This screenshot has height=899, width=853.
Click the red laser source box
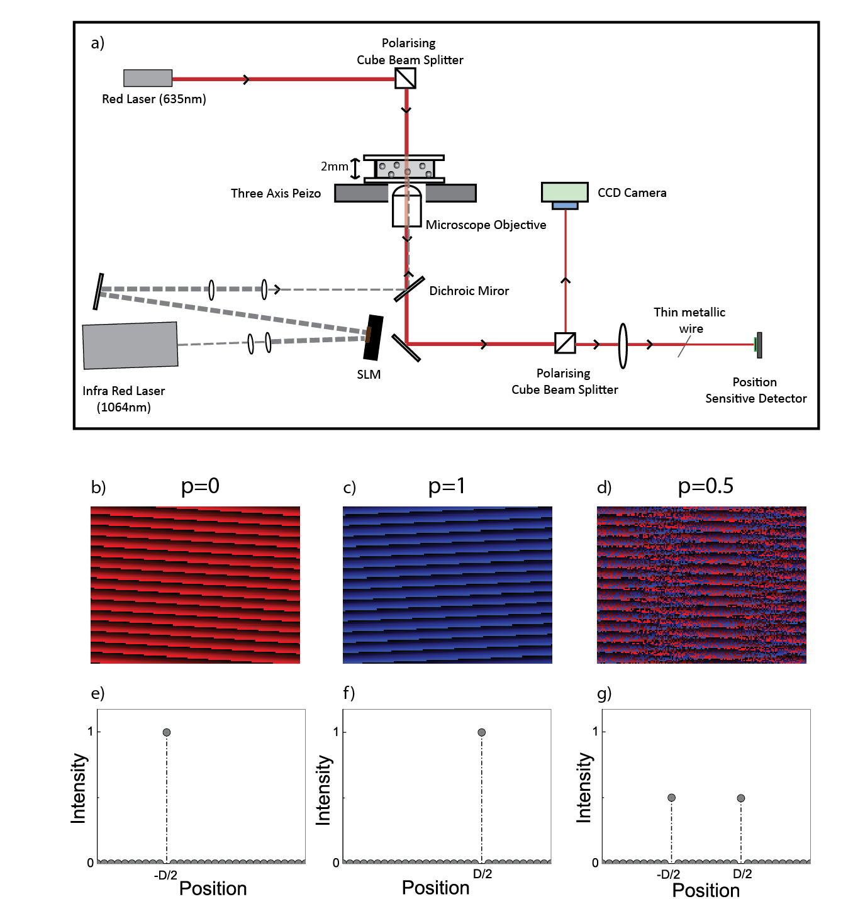(x=148, y=78)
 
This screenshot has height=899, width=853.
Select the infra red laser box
(x=130, y=345)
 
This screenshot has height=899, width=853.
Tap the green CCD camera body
(x=565, y=191)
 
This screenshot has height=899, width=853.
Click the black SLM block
(x=374, y=337)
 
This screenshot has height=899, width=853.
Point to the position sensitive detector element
(x=759, y=345)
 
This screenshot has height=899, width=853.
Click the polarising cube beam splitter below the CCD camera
(x=565, y=343)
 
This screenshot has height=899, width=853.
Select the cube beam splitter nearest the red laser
(x=405, y=78)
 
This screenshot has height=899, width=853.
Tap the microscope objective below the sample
(x=406, y=206)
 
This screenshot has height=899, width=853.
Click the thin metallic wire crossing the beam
(x=684, y=346)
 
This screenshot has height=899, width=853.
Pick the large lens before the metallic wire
(x=623, y=345)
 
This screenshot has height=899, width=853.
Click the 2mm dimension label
(x=334, y=167)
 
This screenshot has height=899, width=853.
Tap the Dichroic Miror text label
(x=469, y=291)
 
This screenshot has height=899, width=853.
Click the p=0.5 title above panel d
(x=705, y=486)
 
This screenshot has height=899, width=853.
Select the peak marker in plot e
(x=167, y=732)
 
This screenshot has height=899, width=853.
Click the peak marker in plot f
(x=481, y=732)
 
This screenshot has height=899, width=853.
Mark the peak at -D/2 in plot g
(x=671, y=798)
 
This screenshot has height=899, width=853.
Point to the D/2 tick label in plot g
(x=742, y=874)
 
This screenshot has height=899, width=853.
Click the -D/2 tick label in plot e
(x=165, y=875)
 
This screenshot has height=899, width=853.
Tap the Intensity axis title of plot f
(x=323, y=790)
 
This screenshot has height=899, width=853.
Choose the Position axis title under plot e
(x=213, y=888)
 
